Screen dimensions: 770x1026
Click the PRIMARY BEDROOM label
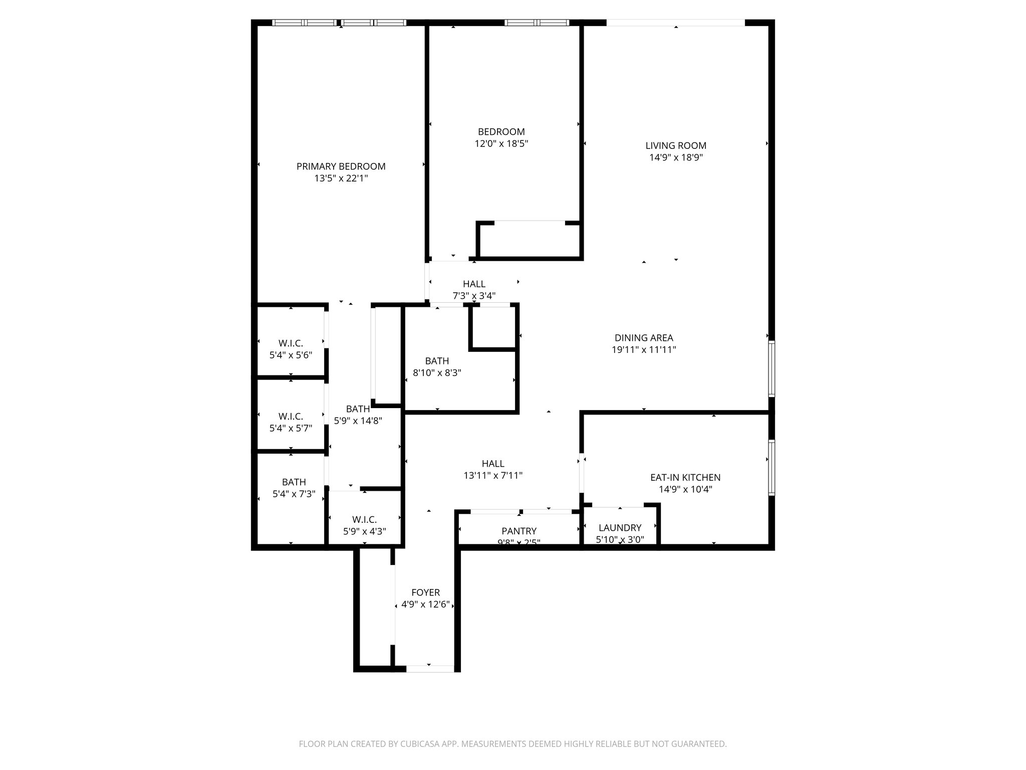coord(341,166)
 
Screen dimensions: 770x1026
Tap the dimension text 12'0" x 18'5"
coord(501,144)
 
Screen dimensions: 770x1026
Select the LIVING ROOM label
coord(675,146)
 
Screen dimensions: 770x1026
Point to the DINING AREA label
coord(643,338)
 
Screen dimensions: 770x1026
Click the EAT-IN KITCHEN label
coord(685,478)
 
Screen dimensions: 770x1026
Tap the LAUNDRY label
coord(620,527)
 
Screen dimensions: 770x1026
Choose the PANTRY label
coord(519,531)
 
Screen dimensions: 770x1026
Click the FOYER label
coord(425,593)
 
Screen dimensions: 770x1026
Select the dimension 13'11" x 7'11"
coord(493,475)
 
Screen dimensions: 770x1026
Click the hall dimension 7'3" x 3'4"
coord(474,296)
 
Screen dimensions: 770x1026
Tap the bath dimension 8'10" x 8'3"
coord(437,373)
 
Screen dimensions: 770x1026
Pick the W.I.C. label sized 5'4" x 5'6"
coord(291,343)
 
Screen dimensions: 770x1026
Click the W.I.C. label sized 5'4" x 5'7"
coord(291,417)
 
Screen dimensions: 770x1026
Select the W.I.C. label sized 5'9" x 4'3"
coord(364,520)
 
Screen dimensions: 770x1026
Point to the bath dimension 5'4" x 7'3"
coord(294,494)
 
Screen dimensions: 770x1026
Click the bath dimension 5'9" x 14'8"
coord(358,421)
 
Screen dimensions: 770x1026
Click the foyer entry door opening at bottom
coord(429,668)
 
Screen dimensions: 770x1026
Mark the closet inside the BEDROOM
coord(529,240)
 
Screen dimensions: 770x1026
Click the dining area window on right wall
coord(772,369)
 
